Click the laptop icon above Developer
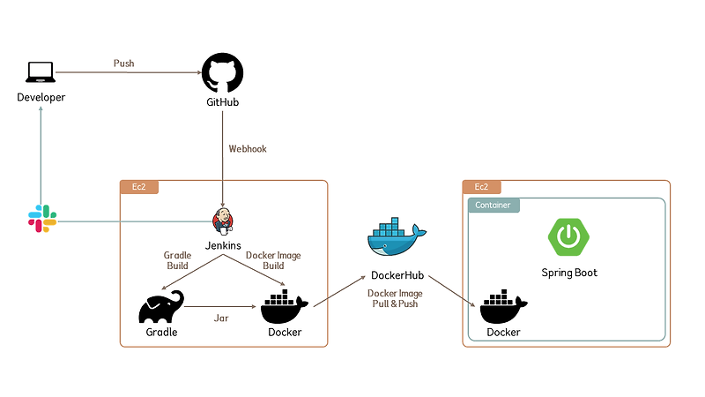pyautogui.click(x=41, y=72)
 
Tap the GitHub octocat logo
pyautogui.click(x=222, y=72)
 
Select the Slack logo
pyautogui.click(x=41, y=219)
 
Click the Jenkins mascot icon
pyautogui.click(x=223, y=221)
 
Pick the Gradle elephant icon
pyautogui.click(x=161, y=308)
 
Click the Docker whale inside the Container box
pyautogui.click(x=503, y=308)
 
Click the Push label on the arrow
pyautogui.click(x=124, y=64)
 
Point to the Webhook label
pyautogui.click(x=248, y=149)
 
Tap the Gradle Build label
pyautogui.click(x=177, y=260)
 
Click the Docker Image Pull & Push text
pyautogui.click(x=395, y=298)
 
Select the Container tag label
pyautogui.click(x=493, y=205)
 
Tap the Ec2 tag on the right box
pyautogui.click(x=481, y=187)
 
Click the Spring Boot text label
pyautogui.click(x=569, y=273)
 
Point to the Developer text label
pyautogui.click(x=41, y=97)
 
